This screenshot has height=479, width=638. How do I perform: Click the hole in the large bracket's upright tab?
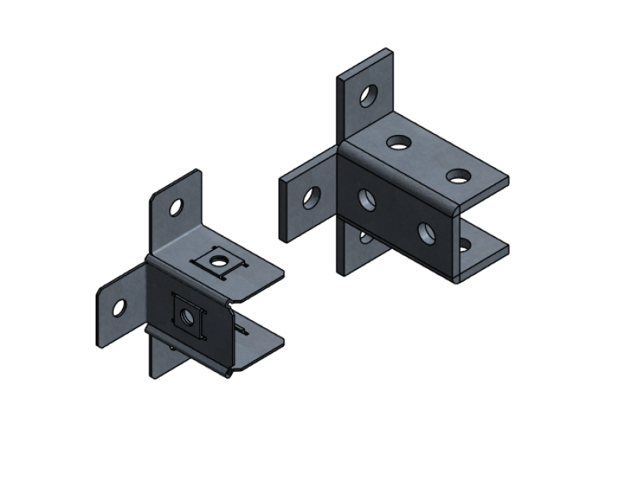coord(368,96)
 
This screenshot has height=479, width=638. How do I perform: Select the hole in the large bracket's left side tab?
coord(311,198)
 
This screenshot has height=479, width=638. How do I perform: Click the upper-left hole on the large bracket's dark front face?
coord(367,199)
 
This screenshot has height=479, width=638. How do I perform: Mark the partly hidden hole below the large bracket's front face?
coord(364,236)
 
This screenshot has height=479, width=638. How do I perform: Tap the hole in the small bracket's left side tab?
coord(119,307)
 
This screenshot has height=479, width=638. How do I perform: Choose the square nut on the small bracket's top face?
coord(217,259)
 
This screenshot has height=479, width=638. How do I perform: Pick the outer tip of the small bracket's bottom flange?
coord(279,342)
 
